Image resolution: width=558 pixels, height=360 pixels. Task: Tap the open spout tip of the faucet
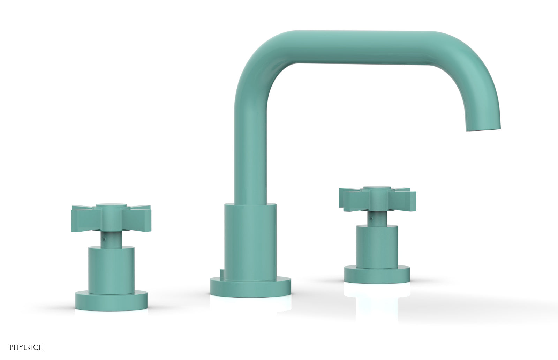coord(484,129)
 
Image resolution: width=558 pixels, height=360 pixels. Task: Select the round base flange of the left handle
coord(111,301)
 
